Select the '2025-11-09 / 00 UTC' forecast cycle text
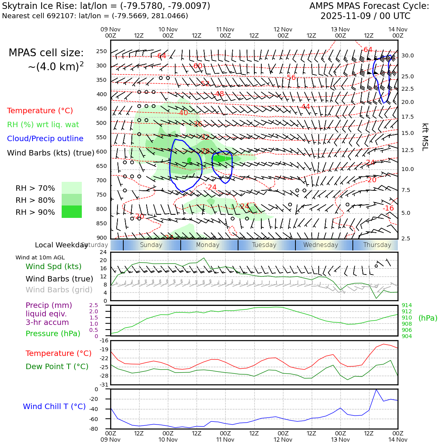pos(365,16)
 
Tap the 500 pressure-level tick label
pos(101,123)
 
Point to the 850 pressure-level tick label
pos(101,223)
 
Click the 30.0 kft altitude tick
pos(407,55)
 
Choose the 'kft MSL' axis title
pos(425,137)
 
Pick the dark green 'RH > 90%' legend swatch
pos(72,212)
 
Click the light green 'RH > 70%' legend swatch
pos(72,188)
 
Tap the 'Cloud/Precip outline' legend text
pos(45,138)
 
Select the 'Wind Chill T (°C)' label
pos(54,406)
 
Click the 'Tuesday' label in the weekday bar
pos(264,245)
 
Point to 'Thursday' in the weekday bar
pos(377,245)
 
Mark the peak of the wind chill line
pos(376,390)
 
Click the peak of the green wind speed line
pos(204,258)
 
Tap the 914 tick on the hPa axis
pos(407,305)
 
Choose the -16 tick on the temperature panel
pos(104,340)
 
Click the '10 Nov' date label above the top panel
pos(168,29)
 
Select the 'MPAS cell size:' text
pos(46,53)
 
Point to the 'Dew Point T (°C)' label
pos(57,366)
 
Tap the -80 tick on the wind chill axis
pos(104,429)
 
